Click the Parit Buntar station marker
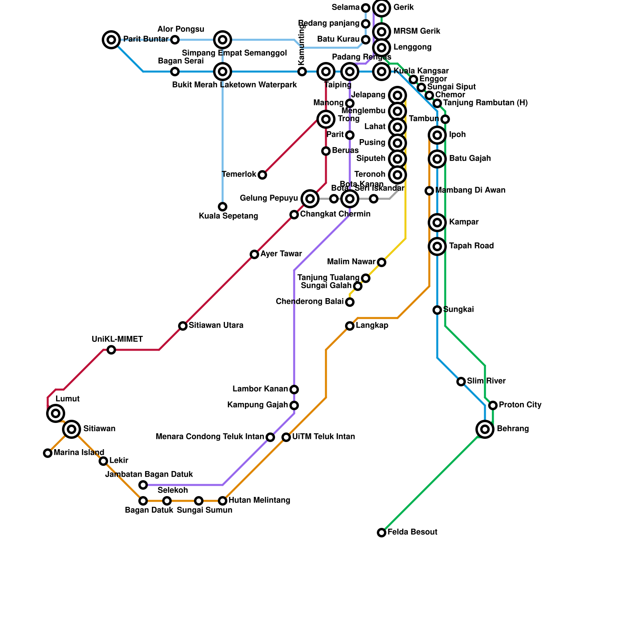[111, 39]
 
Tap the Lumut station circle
[56, 413]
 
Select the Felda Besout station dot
[382, 532]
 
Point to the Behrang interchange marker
[485, 429]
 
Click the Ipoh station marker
[437, 135]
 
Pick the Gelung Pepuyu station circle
[310, 198]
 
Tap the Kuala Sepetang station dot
[223, 207]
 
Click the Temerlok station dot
[262, 175]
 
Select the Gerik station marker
[382, 8]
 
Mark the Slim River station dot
[461, 382]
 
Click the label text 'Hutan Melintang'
[259, 500]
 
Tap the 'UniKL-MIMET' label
[117, 339]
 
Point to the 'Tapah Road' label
[471, 246]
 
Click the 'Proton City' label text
[520, 405]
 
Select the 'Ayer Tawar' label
[281, 254]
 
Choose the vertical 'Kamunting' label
[301, 45]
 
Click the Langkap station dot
[350, 326]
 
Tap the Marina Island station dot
[48, 453]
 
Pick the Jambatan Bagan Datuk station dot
[143, 485]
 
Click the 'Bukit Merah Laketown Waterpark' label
[235, 85]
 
